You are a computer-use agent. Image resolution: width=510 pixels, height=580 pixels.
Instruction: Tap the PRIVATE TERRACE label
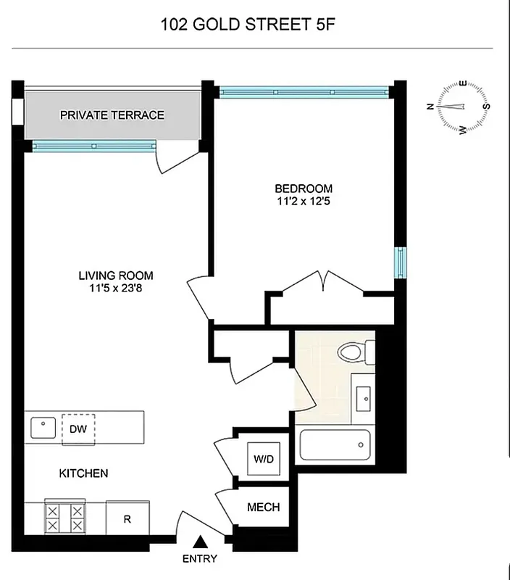tap(112, 115)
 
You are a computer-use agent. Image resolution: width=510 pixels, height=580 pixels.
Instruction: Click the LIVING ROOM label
tap(116, 275)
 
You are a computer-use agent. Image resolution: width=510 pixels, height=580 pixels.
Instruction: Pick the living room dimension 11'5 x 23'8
tap(116, 289)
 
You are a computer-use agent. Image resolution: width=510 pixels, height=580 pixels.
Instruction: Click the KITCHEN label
tap(84, 473)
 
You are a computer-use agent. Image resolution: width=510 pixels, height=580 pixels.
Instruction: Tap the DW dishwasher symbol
tap(78, 428)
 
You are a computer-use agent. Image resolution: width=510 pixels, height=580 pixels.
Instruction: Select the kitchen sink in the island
tap(43, 427)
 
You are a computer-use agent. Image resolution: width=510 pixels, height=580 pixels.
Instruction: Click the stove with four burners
tap(66, 518)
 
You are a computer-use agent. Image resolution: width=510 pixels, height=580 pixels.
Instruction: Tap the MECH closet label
tap(263, 507)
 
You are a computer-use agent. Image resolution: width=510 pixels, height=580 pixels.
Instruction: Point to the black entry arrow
tap(201, 542)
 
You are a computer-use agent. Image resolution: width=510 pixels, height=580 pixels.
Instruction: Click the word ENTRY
tap(199, 559)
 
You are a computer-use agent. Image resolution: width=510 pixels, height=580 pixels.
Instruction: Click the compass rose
tap(459, 107)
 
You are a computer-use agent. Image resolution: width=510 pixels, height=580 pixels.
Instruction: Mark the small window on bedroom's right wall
tap(400, 262)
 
